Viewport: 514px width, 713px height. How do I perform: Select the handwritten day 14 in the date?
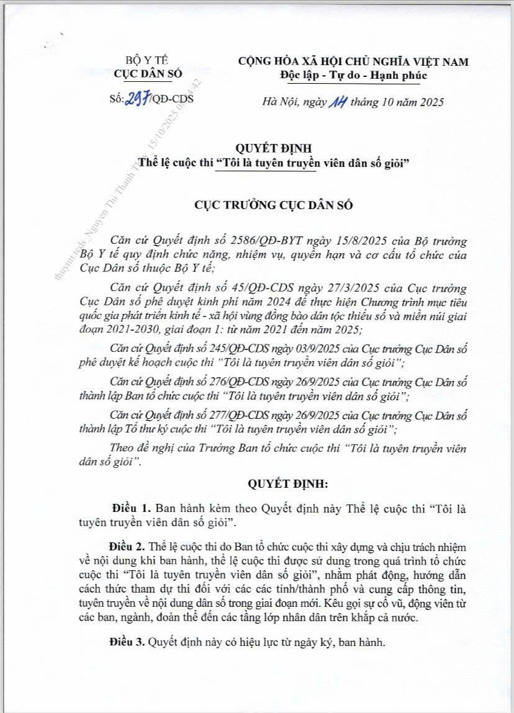click(336, 101)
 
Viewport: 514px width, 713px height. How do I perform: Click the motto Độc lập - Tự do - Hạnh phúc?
click(353, 75)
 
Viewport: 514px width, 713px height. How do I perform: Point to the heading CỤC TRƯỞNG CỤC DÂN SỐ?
click(257, 205)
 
